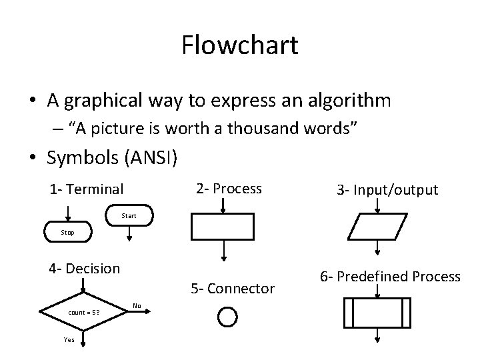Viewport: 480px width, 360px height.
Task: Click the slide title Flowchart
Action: pyautogui.click(x=239, y=45)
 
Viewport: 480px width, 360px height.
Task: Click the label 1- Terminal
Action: pyautogui.click(x=86, y=189)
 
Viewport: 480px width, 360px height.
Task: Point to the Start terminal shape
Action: pyautogui.click(x=129, y=216)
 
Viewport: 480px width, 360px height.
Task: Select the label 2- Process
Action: pyautogui.click(x=229, y=189)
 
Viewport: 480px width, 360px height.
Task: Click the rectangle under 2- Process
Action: pyautogui.click(x=223, y=227)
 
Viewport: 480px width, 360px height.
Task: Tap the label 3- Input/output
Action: pyautogui.click(x=387, y=190)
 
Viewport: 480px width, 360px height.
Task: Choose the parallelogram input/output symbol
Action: pyautogui.click(x=378, y=227)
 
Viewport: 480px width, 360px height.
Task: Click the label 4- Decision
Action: pyautogui.click(x=84, y=269)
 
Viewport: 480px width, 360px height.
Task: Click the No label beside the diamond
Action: pyautogui.click(x=137, y=306)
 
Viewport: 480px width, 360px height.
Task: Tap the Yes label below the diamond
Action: pyautogui.click(x=69, y=339)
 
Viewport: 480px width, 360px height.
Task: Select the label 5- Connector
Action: pyautogui.click(x=232, y=289)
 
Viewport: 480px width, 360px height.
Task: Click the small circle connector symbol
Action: pyautogui.click(x=227, y=317)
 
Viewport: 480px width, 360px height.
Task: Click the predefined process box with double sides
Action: pyautogui.click(x=378, y=314)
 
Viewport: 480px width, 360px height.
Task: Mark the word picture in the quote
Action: pyautogui.click(x=140, y=129)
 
